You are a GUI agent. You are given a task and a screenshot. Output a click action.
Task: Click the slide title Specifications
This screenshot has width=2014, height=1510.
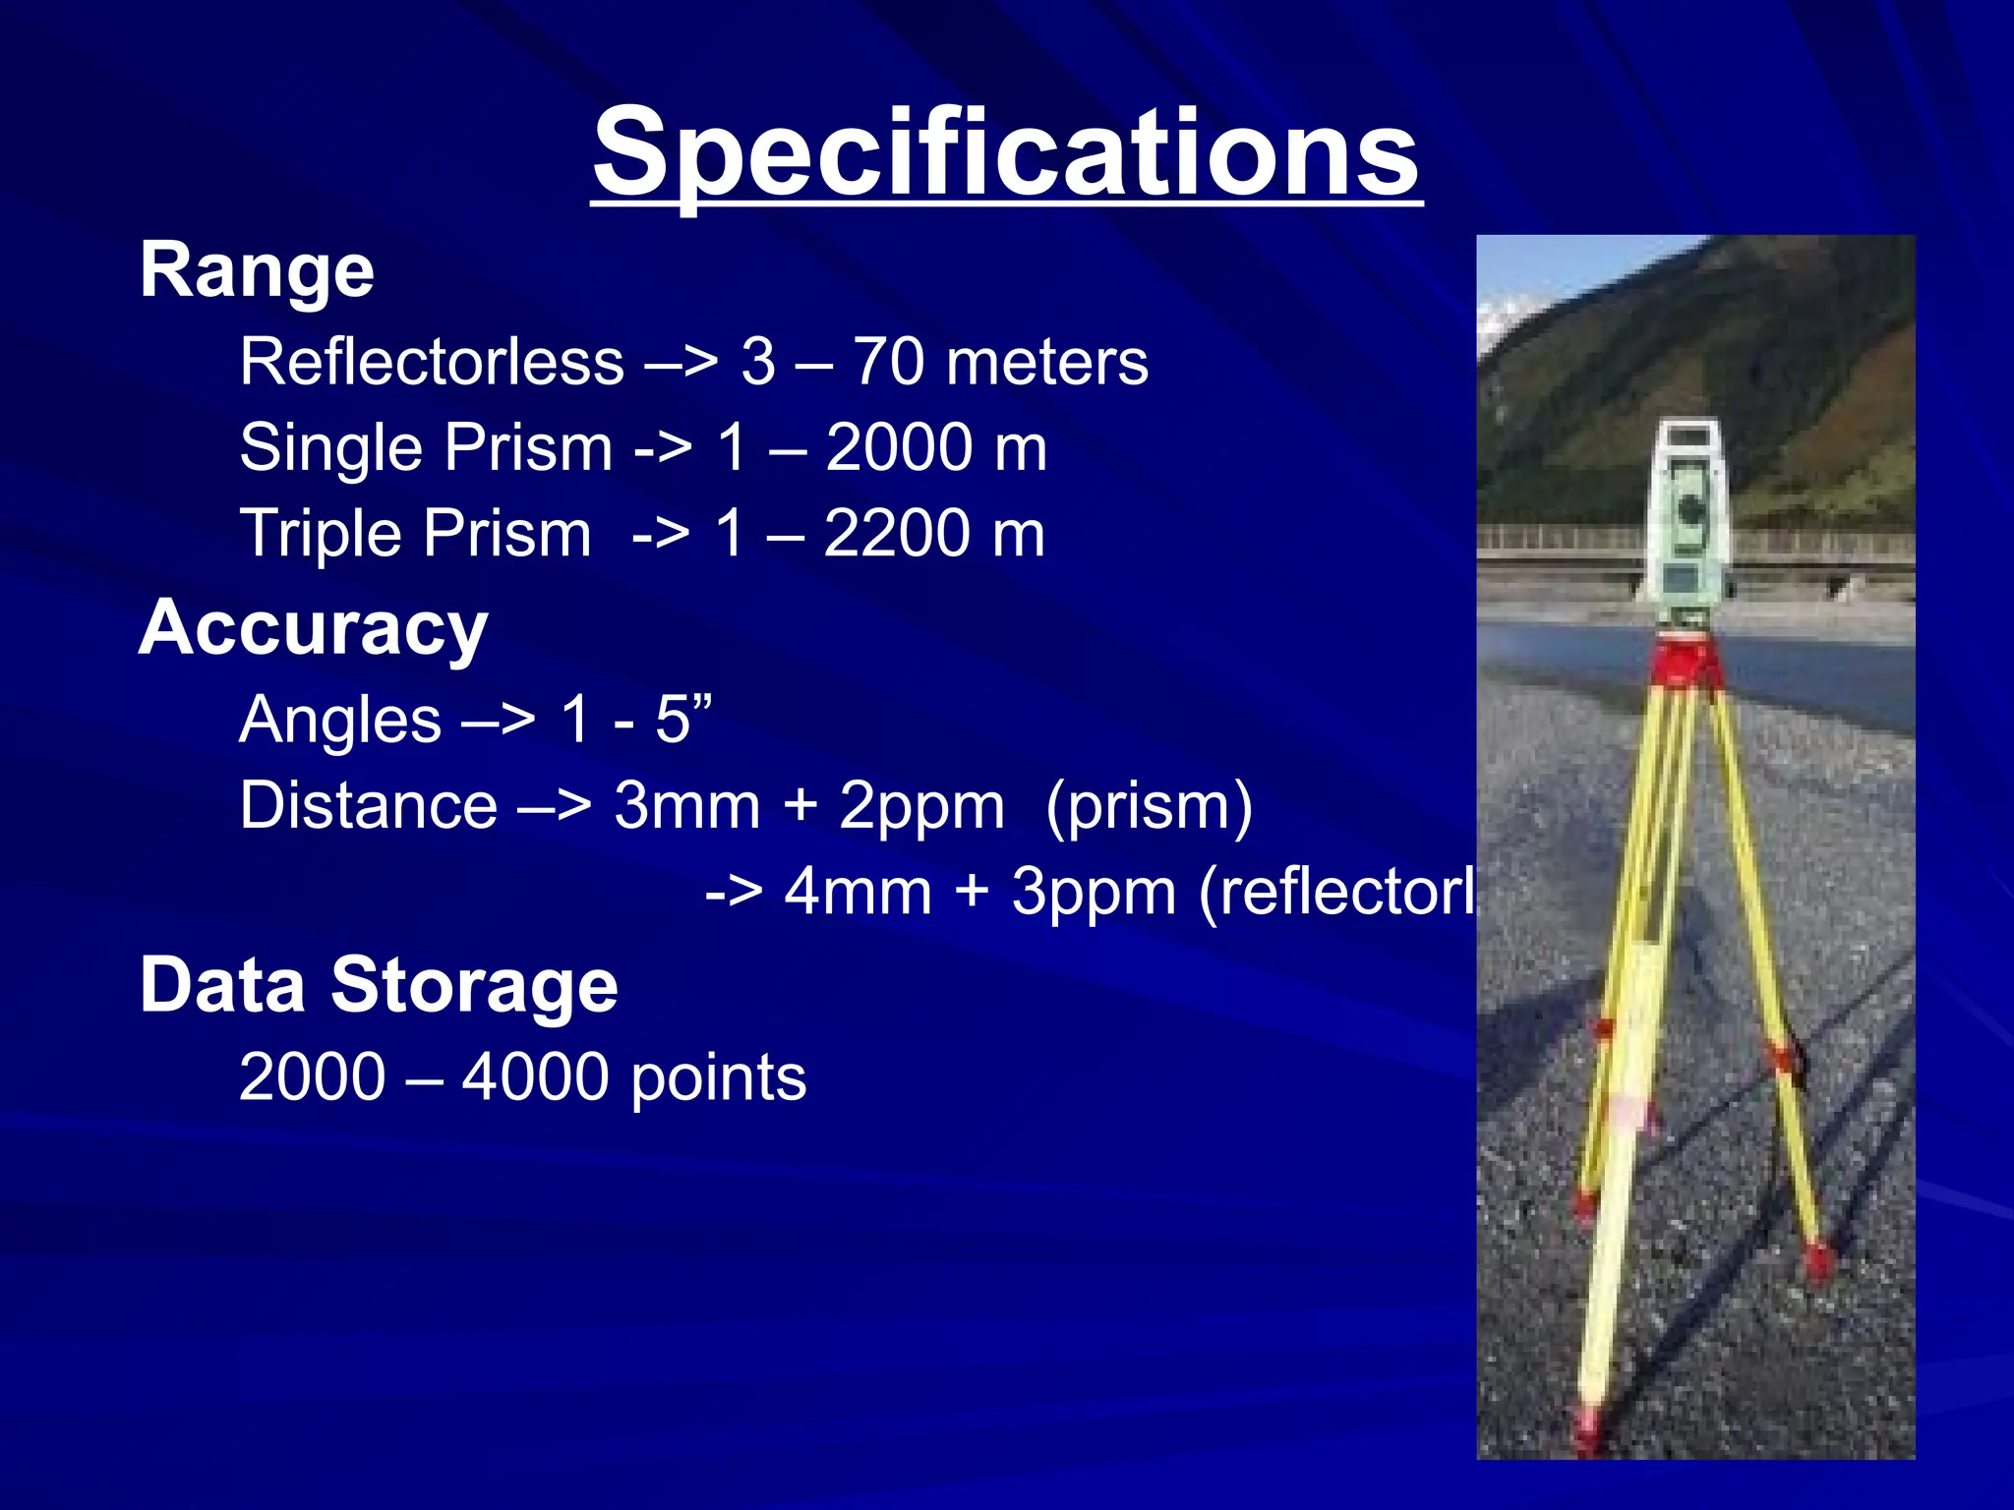point(1006,152)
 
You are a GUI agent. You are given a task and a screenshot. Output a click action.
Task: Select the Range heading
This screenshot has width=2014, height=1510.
point(257,270)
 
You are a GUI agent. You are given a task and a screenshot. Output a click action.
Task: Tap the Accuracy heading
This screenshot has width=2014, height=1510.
point(313,628)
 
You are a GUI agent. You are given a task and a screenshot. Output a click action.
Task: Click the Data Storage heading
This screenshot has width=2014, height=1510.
point(379,985)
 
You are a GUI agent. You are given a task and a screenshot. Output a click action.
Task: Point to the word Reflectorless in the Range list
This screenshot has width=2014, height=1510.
point(432,362)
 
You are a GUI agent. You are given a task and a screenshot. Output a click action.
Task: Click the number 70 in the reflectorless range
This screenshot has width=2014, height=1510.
point(888,362)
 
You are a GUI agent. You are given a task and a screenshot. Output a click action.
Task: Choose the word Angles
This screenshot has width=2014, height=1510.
point(340,720)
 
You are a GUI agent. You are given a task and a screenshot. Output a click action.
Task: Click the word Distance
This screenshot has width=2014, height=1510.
point(369,806)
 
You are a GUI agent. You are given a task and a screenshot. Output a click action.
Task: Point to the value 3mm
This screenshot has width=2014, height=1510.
point(687,806)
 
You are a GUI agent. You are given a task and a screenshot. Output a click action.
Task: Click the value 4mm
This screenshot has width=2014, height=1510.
point(858,893)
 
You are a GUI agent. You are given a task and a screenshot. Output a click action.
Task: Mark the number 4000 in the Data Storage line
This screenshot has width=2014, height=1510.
point(535,1077)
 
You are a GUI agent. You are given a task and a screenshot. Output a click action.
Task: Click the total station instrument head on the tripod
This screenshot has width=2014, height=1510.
point(1688,521)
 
